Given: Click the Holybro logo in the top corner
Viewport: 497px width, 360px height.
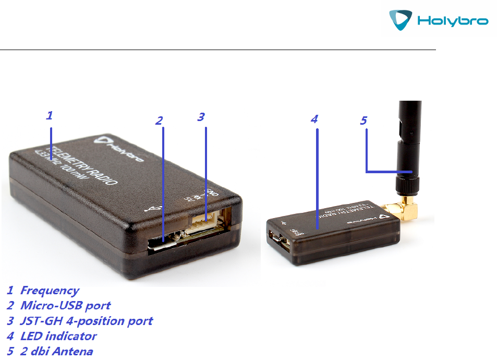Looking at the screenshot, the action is coord(439,21).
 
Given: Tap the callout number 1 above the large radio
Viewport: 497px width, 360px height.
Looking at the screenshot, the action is coord(49,116).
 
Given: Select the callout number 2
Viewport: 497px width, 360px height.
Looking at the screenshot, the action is coord(159,121).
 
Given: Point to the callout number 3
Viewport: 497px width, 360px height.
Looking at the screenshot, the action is coord(201,117).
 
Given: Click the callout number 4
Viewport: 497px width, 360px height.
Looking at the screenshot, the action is coord(314,119).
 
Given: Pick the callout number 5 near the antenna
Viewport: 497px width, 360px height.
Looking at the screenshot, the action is coord(363,121).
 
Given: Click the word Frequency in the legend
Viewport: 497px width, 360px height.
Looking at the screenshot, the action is coord(50,291).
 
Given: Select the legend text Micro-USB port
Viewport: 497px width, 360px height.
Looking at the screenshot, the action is coord(65,305).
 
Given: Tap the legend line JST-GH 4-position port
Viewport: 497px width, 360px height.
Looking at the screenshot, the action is coord(86,320).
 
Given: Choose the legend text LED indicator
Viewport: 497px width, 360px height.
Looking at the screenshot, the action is coord(58,336).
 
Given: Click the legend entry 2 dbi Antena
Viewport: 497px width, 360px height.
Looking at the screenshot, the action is coord(56,351).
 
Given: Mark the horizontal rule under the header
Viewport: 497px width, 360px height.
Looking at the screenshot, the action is coord(217,50).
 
